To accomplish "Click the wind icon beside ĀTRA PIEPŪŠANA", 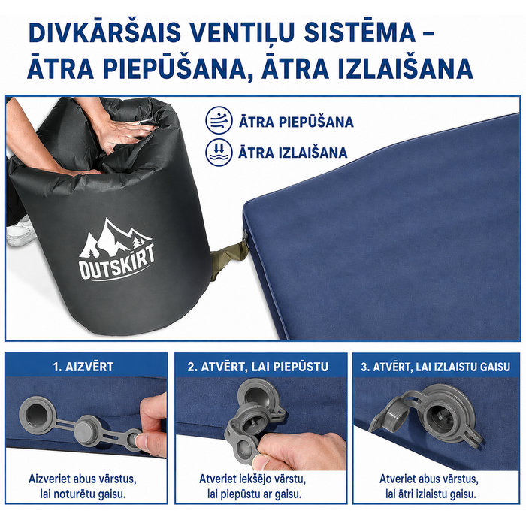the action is (x=219, y=120).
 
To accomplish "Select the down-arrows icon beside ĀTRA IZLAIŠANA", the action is (x=219, y=152).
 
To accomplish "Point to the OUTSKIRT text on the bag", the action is (x=117, y=262).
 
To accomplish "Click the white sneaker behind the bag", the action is (x=21, y=231).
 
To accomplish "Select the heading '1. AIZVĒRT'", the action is (x=83, y=367).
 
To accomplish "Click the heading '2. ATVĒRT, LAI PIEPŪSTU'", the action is (x=258, y=367).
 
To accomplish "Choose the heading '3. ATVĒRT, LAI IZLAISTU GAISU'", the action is (x=435, y=367).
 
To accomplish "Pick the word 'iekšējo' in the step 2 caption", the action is (x=254, y=479).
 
